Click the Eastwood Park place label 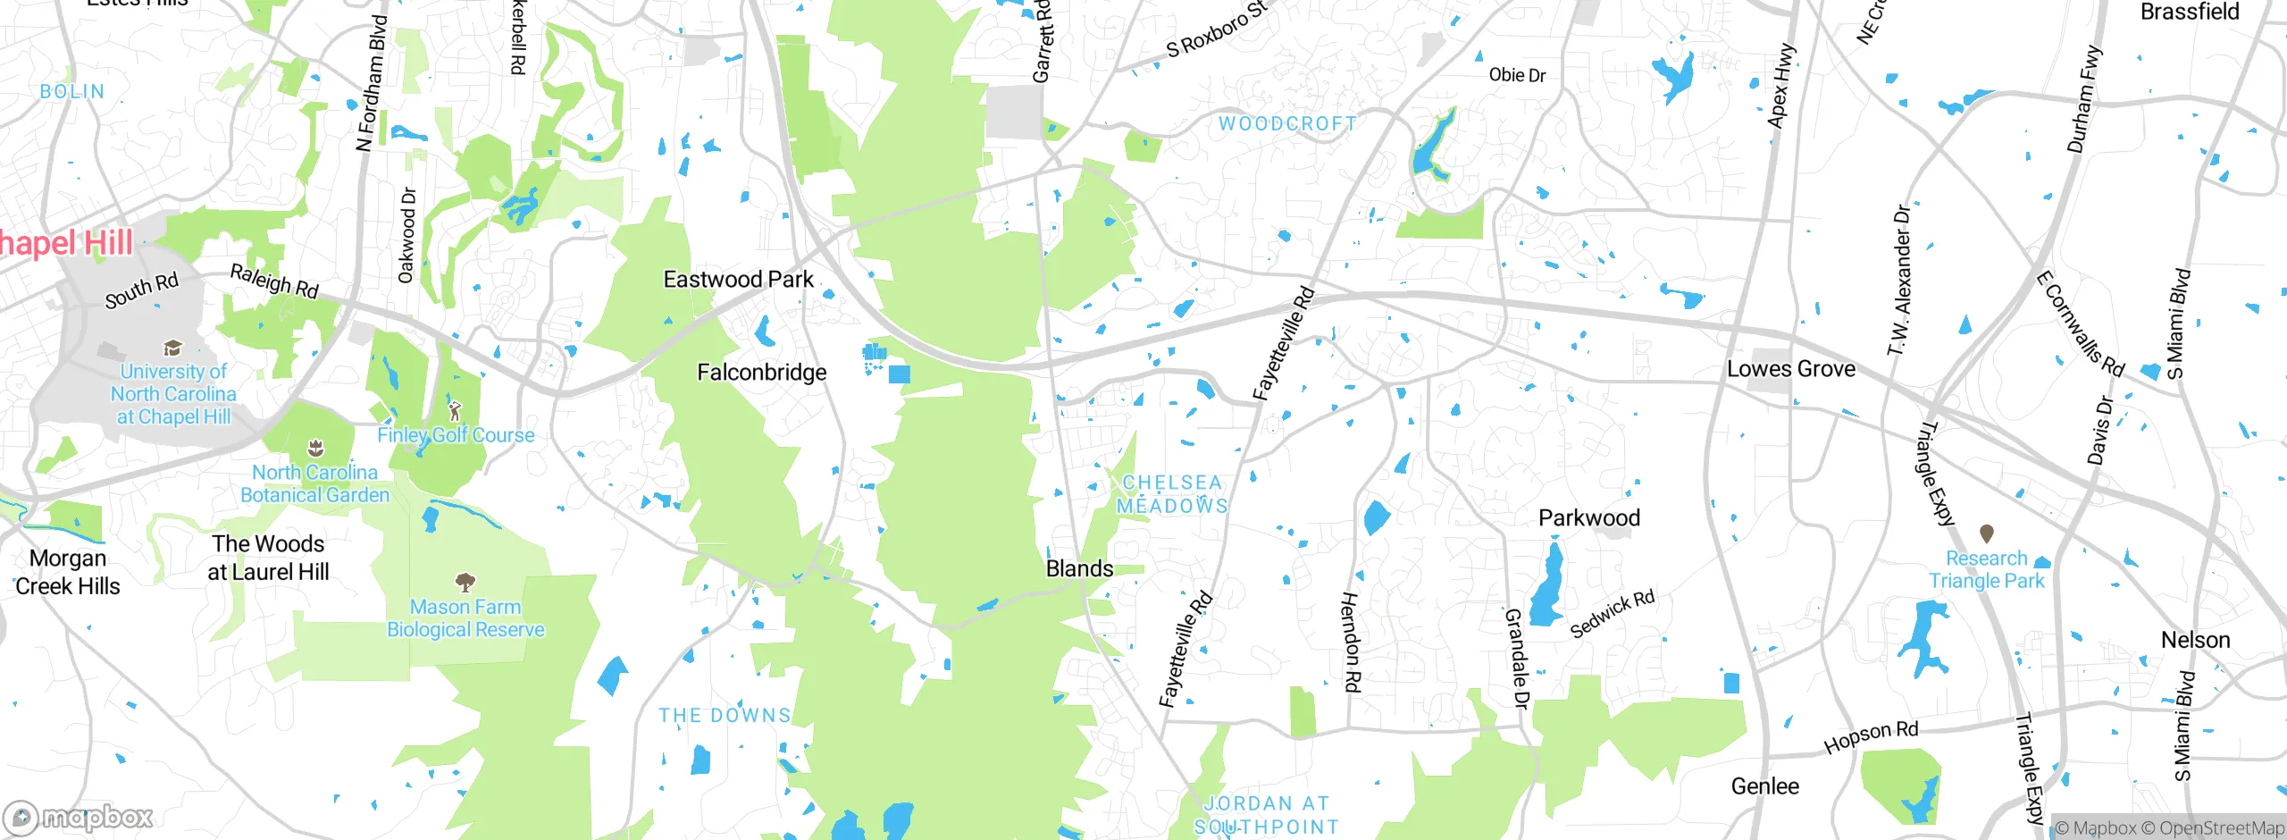coord(738,280)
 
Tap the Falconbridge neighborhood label coord(761,373)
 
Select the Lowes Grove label coord(1790,369)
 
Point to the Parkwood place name coord(1588,518)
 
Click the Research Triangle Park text coord(1986,570)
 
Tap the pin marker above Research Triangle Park coord(1987,533)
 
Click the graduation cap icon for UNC coord(172,348)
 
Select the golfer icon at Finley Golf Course coord(455,411)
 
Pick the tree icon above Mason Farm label coord(465,583)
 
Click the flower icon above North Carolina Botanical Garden coord(314,447)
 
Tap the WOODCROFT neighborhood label coord(1287,124)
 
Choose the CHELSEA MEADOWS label coord(1172,494)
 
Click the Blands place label coord(1079,569)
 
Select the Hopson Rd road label coord(1871,737)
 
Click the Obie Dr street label coord(1517,75)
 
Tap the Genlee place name coord(1764,786)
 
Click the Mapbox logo coord(78,818)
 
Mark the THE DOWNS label coord(725,716)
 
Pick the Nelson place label coord(2195,641)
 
